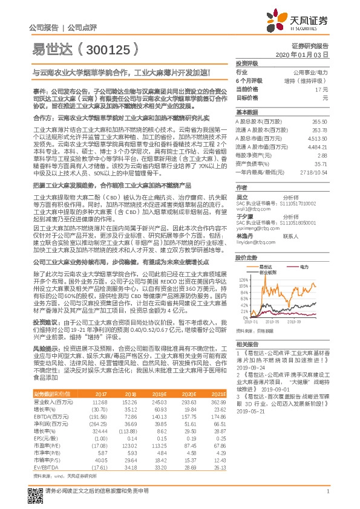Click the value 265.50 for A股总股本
point(319,122)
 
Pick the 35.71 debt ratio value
point(321,163)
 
